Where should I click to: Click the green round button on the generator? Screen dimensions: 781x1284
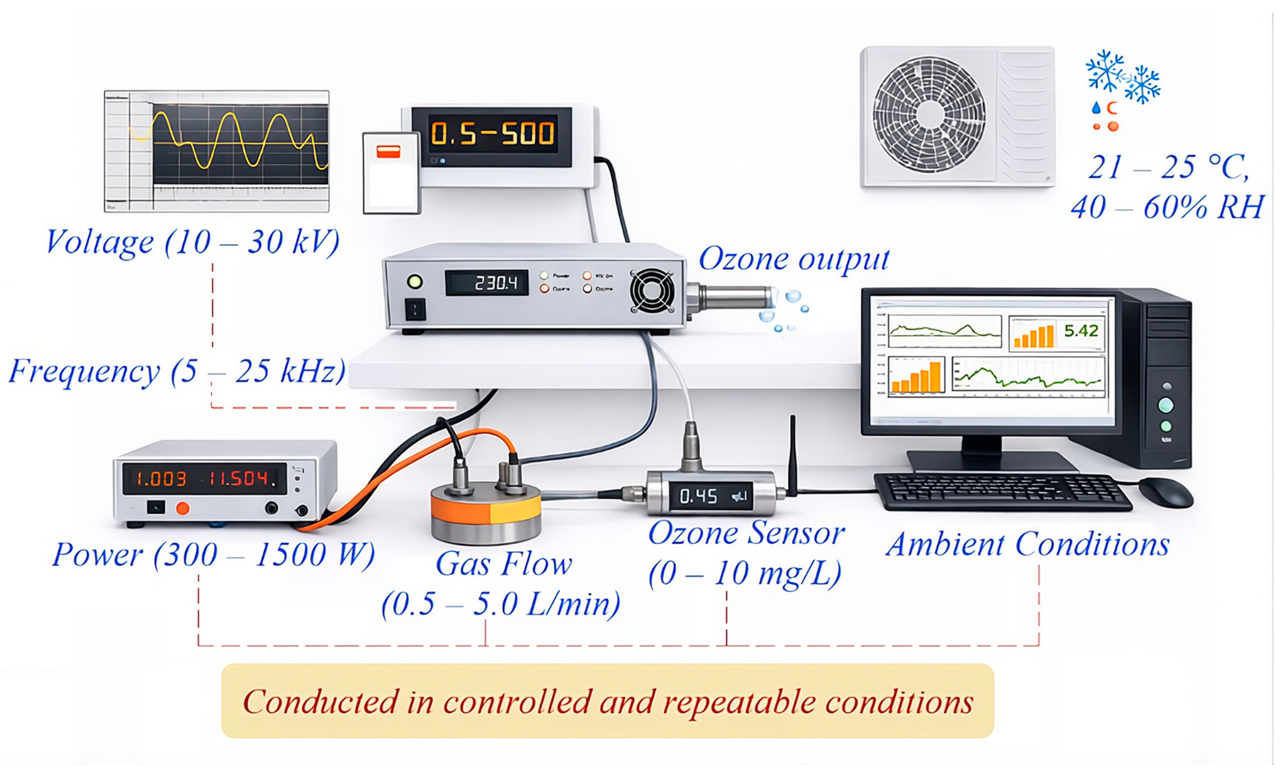click(x=415, y=282)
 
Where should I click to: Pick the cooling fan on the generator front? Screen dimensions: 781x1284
click(x=652, y=291)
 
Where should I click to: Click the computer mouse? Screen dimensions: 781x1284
click(x=1165, y=492)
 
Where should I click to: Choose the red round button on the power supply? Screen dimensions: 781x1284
click(x=182, y=508)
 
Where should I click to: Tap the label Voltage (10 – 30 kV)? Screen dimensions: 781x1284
click(x=193, y=242)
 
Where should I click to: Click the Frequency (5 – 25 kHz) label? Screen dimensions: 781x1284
click(x=177, y=371)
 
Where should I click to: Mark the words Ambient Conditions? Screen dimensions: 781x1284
click(x=1028, y=545)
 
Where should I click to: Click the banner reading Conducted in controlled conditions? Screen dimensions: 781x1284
click(x=608, y=701)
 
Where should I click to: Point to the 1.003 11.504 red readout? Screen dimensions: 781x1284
click(x=205, y=478)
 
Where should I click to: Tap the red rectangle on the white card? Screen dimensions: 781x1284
click(x=388, y=152)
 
